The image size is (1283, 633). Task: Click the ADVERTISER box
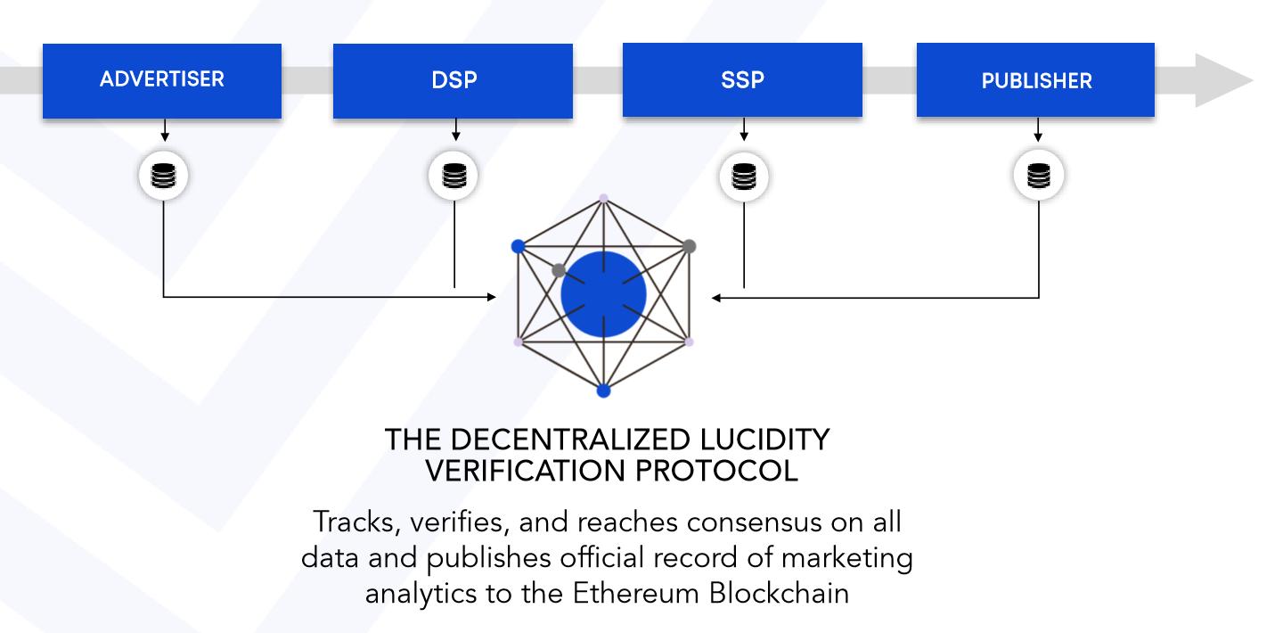[x=162, y=81]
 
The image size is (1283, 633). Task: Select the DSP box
[x=453, y=81]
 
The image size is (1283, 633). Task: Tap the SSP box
[x=742, y=79]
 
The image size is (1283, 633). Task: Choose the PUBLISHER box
[x=1035, y=79]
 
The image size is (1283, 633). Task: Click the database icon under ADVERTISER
[x=163, y=176]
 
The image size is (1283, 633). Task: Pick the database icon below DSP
[x=454, y=176]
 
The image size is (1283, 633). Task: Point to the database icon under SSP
[x=744, y=176]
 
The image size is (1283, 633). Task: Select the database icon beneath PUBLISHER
[x=1039, y=176]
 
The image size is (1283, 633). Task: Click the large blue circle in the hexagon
[x=604, y=294]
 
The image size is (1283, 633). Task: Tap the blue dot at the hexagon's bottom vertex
[x=604, y=391]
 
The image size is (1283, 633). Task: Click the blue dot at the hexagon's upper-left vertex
[x=518, y=247]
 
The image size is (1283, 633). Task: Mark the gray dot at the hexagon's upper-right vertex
[x=689, y=247]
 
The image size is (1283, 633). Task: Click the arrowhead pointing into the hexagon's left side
[x=492, y=297]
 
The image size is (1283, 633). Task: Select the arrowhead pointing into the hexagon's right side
[x=716, y=298]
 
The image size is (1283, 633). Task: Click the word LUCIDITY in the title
[x=764, y=440]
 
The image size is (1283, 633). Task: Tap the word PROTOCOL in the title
[x=716, y=472]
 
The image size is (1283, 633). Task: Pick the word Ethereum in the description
[x=636, y=593]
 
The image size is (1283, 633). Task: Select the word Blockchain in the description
[x=779, y=593]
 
